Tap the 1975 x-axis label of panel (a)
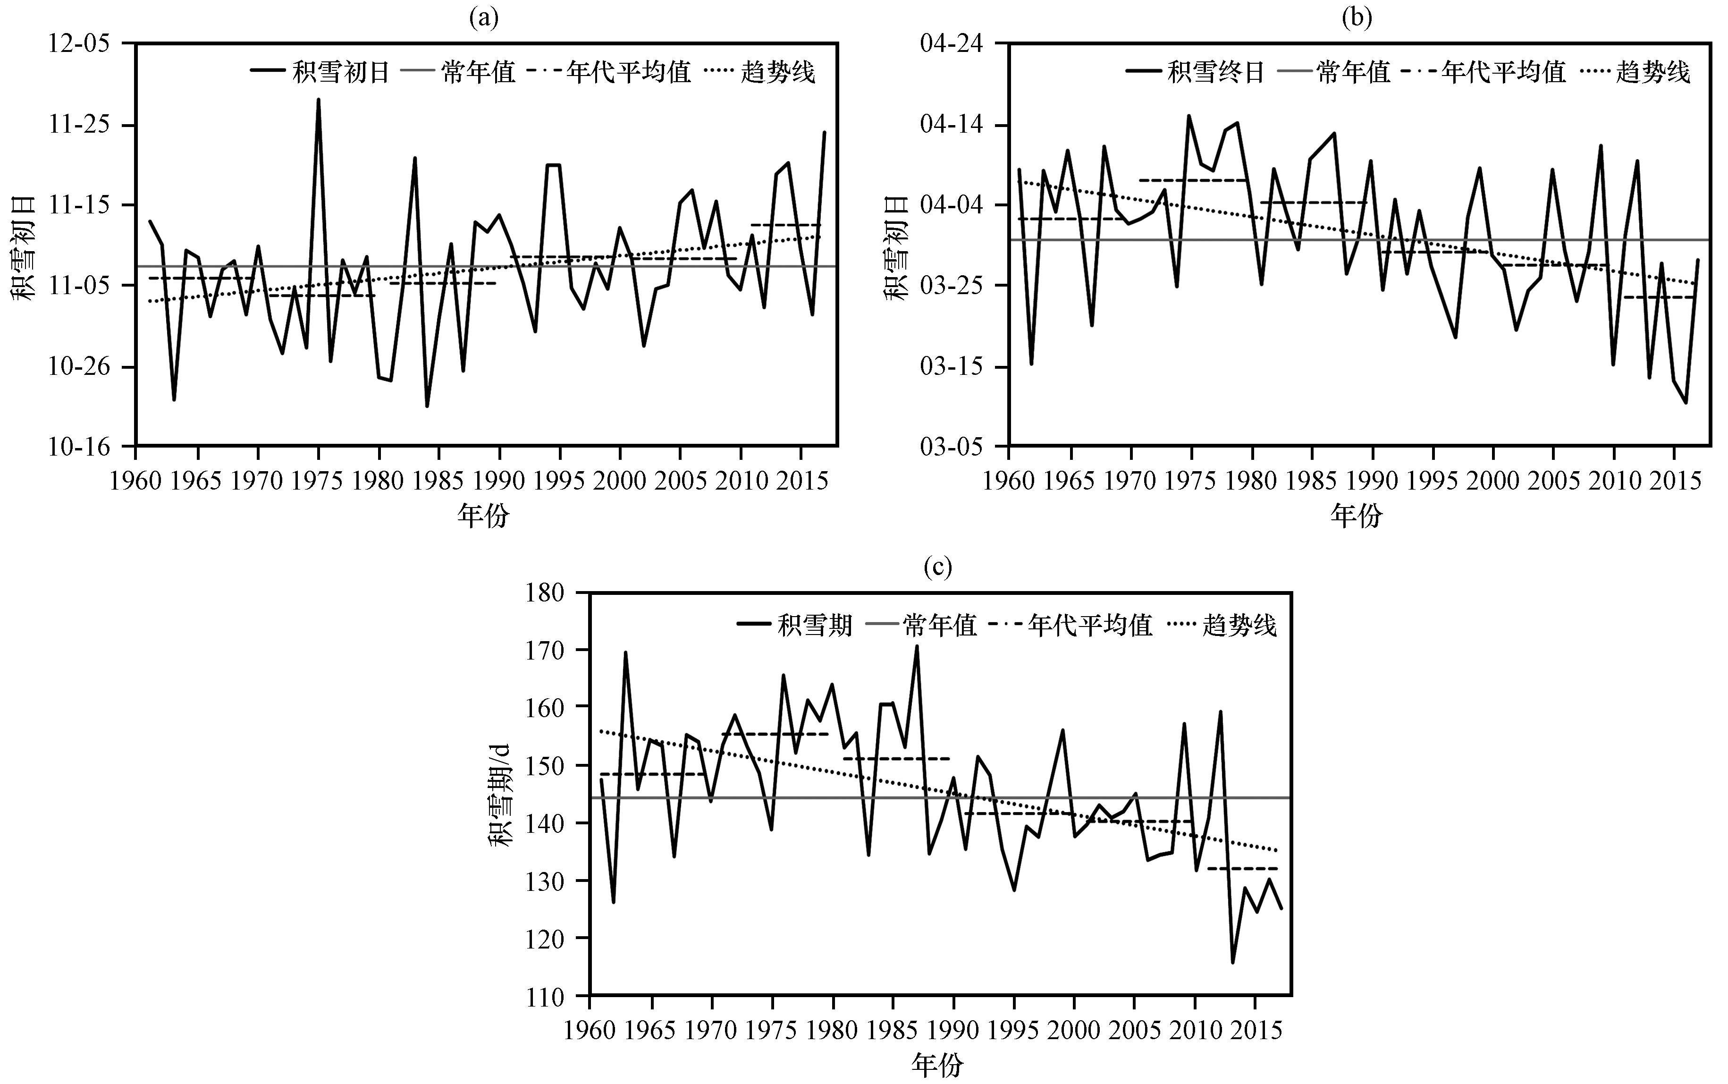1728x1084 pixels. click(318, 480)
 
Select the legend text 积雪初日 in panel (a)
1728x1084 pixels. click(340, 72)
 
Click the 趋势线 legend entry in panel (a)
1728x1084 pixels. click(778, 72)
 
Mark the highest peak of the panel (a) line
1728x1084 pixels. click(318, 100)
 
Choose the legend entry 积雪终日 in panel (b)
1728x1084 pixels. click(1215, 72)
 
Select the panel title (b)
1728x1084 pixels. click(1356, 17)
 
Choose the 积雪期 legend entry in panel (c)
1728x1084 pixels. click(815, 626)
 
